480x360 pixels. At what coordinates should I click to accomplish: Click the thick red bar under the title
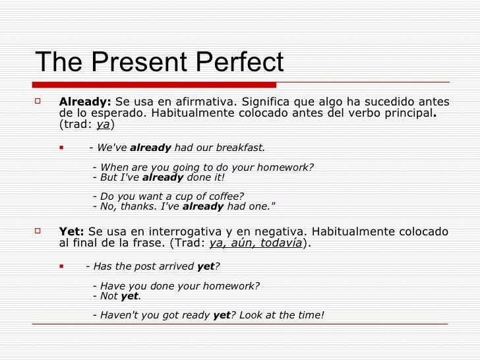(x=154, y=84)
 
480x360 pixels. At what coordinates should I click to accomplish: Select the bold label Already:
(x=85, y=102)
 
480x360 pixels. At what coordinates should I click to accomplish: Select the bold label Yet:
(x=71, y=232)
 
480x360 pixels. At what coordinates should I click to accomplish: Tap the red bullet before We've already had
(x=61, y=148)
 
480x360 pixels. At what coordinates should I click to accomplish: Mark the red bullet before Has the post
(x=61, y=266)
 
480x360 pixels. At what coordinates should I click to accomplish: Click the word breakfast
(x=240, y=148)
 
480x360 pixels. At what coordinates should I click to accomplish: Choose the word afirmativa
(x=204, y=102)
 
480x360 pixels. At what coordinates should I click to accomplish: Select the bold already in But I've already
(x=163, y=177)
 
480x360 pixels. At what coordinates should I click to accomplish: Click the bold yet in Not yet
(x=129, y=296)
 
